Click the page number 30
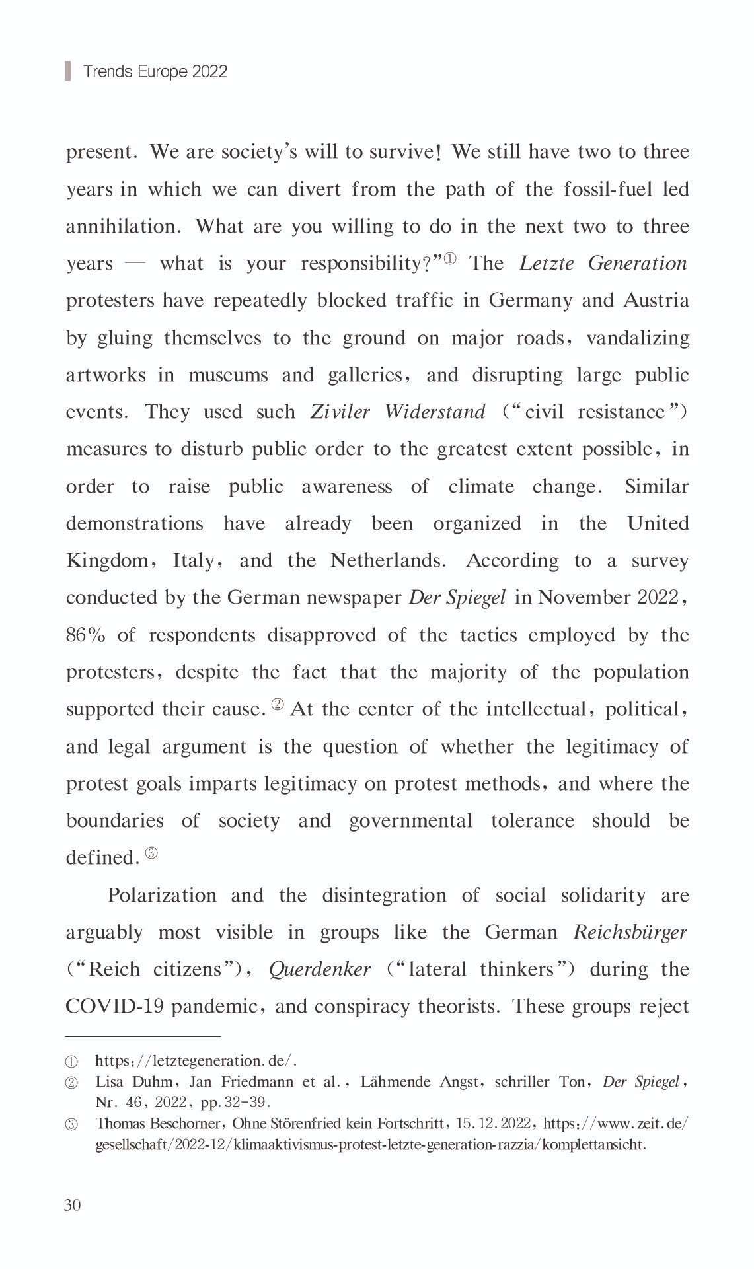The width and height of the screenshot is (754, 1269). pyautogui.click(x=73, y=1205)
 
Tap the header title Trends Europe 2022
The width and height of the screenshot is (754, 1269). pyautogui.click(x=155, y=71)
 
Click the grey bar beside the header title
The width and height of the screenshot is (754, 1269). pyautogui.click(x=68, y=71)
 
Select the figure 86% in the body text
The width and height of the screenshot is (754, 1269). pyautogui.click(x=85, y=635)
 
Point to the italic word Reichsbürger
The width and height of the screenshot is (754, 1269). pyautogui.click(x=630, y=933)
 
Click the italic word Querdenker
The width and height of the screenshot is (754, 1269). pyautogui.click(x=319, y=970)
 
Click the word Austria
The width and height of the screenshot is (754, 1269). pyautogui.click(x=656, y=301)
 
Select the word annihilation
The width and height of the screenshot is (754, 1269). pyautogui.click(x=122, y=227)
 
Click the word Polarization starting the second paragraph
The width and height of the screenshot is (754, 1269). pyautogui.click(x=162, y=896)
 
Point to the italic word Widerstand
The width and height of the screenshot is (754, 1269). pyautogui.click(x=435, y=412)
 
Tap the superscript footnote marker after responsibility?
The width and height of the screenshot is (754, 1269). pyautogui.click(x=449, y=258)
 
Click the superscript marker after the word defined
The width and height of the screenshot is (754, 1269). pyautogui.click(x=151, y=853)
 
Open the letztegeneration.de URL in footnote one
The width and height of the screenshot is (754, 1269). pyautogui.click(x=196, y=1061)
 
